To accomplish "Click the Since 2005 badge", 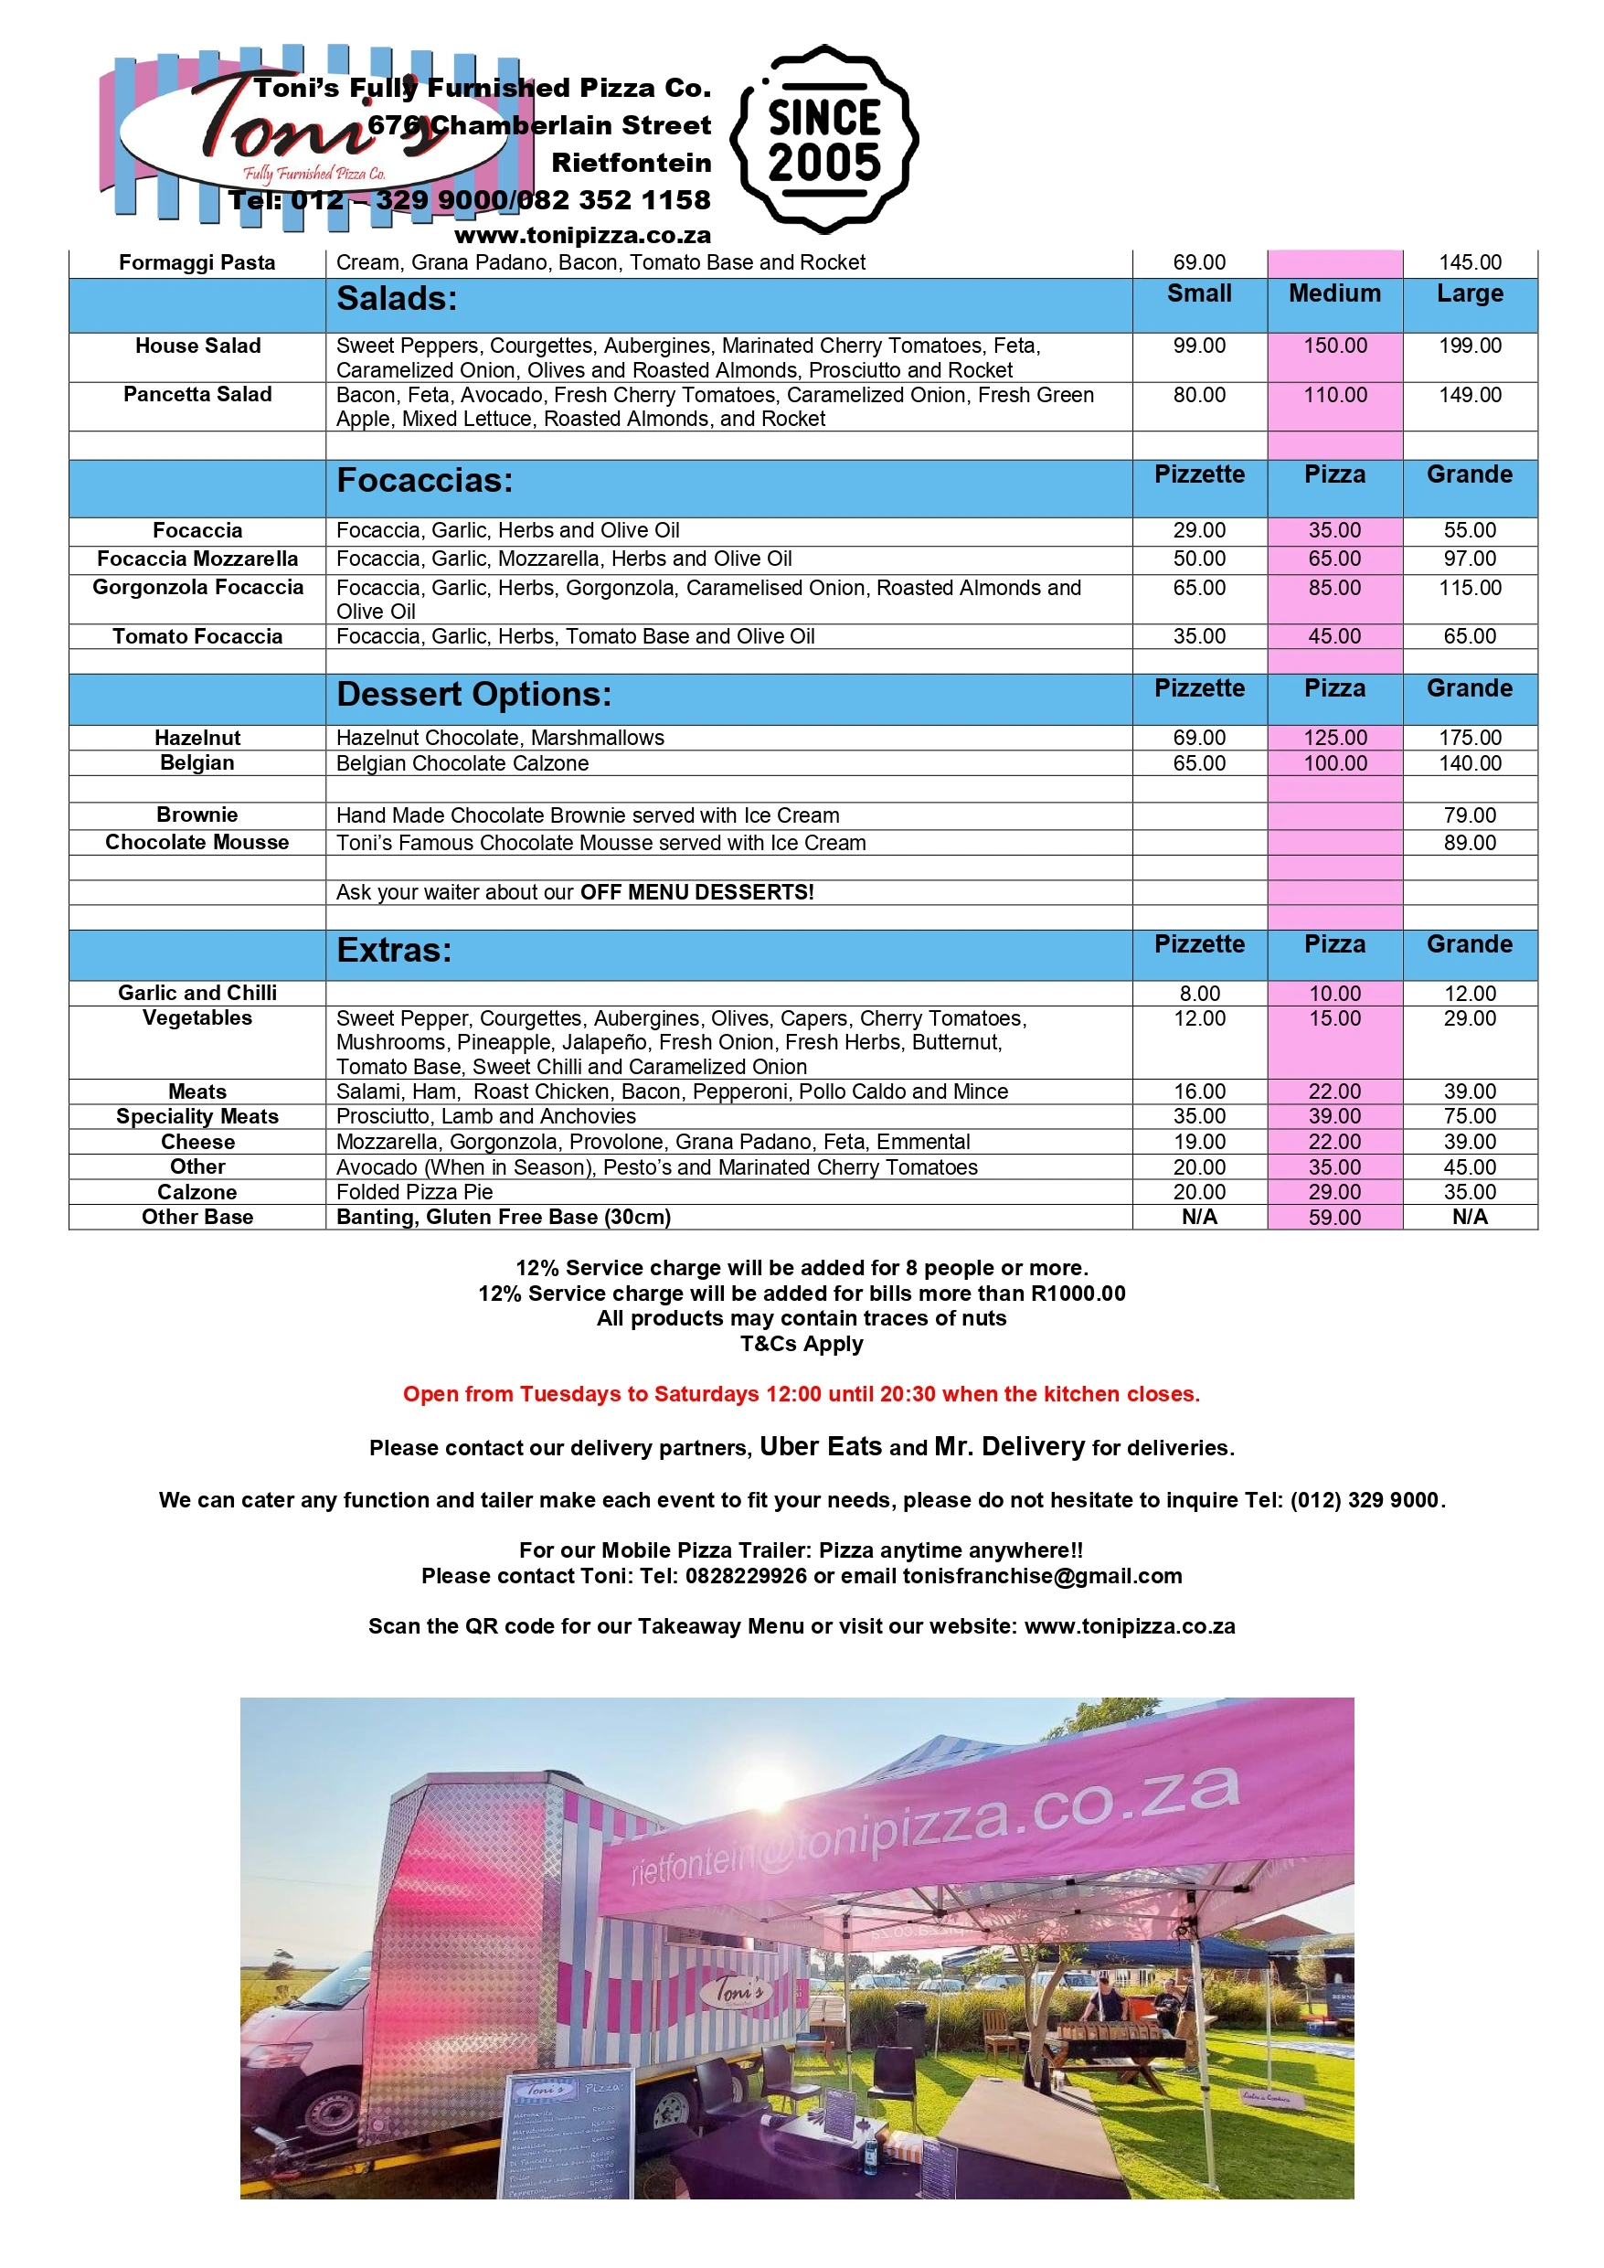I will [x=823, y=139].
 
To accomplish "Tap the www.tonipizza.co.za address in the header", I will [x=582, y=235].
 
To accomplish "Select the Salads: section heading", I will [x=396, y=298].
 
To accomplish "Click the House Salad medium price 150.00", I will [x=1334, y=346].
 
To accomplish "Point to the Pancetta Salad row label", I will [x=197, y=394].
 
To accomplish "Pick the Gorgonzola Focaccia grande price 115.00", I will [x=1469, y=588].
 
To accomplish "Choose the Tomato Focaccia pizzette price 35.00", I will [x=1199, y=636].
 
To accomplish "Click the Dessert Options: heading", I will [x=473, y=695].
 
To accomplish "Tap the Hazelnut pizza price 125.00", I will [x=1334, y=738].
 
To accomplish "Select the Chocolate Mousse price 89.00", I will [x=1469, y=843].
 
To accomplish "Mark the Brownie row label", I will [x=197, y=815].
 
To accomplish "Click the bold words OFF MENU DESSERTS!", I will [x=696, y=892].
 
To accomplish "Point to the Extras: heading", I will [x=393, y=951].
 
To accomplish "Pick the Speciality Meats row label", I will [x=197, y=1116].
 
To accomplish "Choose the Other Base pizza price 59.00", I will [x=1334, y=1217].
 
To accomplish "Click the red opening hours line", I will [x=801, y=1394].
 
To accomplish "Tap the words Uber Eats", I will [x=820, y=1446].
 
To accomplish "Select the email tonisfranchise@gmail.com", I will [x=1042, y=1576].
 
